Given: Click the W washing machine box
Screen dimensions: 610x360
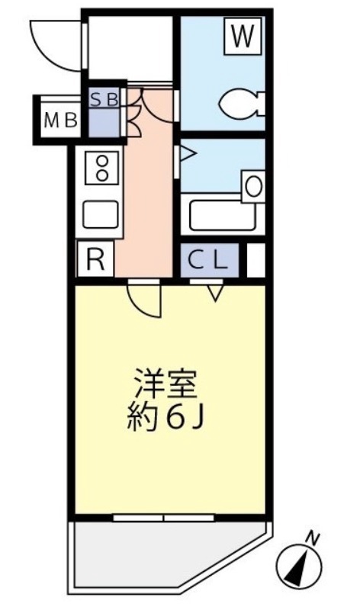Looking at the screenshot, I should pyautogui.click(x=241, y=37).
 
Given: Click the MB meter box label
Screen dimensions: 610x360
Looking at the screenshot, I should pyautogui.click(x=59, y=120).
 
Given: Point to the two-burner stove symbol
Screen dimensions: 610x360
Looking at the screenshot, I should pyautogui.click(x=100, y=168).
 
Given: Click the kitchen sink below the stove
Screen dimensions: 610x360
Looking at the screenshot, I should pyautogui.click(x=99, y=213).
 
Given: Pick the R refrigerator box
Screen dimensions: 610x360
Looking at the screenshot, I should pyautogui.click(x=95, y=260).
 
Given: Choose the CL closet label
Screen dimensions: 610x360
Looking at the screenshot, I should pyautogui.click(x=209, y=261).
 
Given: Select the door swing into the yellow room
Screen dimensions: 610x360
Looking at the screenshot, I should pyautogui.click(x=146, y=298).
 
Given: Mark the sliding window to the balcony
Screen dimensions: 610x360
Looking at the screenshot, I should pyautogui.click(x=165, y=517).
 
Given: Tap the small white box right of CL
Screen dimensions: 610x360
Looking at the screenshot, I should pyautogui.click(x=256, y=261).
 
